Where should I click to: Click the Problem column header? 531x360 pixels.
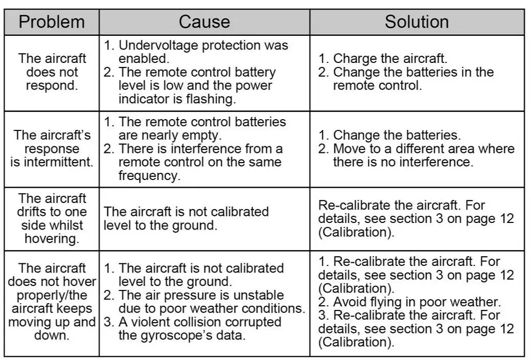pyautogui.click(x=52, y=22)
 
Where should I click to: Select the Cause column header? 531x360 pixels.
pyautogui.click(x=204, y=22)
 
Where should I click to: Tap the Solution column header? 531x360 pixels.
pyautogui.click(x=417, y=22)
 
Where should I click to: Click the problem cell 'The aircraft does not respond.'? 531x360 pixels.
pyautogui.click(x=52, y=72)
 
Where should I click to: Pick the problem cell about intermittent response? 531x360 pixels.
pyautogui.click(x=52, y=149)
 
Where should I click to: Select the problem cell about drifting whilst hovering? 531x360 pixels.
pyautogui.click(x=52, y=219)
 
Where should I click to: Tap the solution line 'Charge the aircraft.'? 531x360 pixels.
pyautogui.click(x=390, y=59)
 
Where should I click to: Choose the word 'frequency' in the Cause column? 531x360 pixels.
pyautogui.click(x=149, y=175)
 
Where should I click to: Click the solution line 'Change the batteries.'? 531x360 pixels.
pyautogui.click(x=397, y=136)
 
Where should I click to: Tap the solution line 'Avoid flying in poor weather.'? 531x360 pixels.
pyautogui.click(x=410, y=302)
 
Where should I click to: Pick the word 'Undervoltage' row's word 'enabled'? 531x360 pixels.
pyautogui.click(x=144, y=58)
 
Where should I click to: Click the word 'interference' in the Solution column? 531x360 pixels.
pyautogui.click(x=443, y=162)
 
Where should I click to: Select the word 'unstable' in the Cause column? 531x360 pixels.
pyautogui.click(x=259, y=296)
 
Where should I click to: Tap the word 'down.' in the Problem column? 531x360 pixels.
pyautogui.click(x=52, y=335)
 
